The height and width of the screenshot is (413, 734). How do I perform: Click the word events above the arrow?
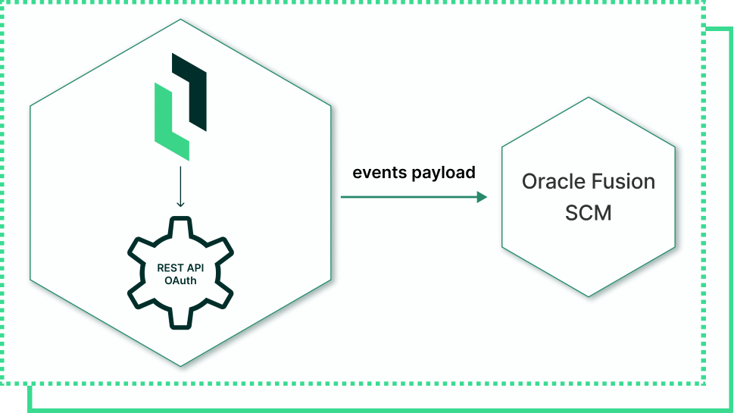coord(380,172)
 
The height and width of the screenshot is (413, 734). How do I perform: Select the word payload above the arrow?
coord(444,174)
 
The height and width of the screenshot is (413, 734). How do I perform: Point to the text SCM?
coord(589,213)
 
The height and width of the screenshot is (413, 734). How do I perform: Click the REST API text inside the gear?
coord(180,268)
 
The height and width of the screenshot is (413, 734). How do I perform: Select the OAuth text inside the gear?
coord(180,280)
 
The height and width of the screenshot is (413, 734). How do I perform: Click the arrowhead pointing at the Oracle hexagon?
coord(483,197)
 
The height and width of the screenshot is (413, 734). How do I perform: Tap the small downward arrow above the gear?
coord(180,186)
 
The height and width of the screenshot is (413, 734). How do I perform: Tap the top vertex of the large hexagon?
coord(180,19)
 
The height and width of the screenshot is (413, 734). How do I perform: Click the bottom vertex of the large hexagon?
coord(180,366)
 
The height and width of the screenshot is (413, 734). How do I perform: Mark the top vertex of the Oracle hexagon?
coord(589,97)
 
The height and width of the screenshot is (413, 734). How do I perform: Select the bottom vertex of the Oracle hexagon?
coord(589,297)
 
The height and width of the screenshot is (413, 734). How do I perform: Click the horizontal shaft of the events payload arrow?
coord(409,197)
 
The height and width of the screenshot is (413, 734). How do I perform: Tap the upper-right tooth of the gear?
coord(222,249)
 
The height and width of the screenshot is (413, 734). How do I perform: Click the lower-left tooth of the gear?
coord(139,296)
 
